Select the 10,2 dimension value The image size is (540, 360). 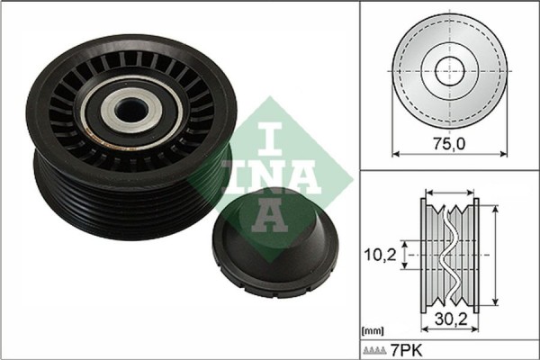coord(380,255)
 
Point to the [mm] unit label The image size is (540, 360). coord(371,330)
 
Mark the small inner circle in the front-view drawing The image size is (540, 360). coord(447,70)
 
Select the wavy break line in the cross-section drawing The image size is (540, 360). coord(447,255)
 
